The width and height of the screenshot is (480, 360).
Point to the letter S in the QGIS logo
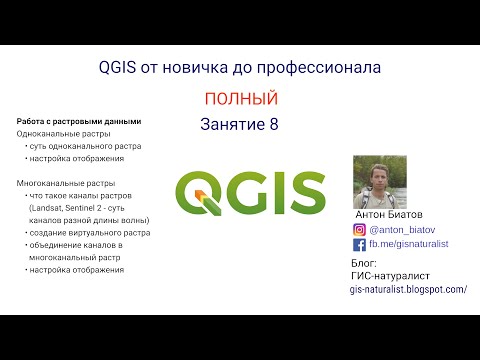(x=307, y=191)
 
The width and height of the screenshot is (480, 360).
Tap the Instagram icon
(x=359, y=227)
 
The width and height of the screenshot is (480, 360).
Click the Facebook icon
(x=359, y=243)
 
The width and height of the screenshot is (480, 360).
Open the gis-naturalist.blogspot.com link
(x=408, y=289)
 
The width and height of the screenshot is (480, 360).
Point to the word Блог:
(x=367, y=263)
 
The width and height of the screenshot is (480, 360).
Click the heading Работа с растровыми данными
(x=79, y=121)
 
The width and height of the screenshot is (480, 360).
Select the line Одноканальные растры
(x=63, y=134)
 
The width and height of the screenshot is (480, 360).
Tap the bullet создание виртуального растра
(x=90, y=232)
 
